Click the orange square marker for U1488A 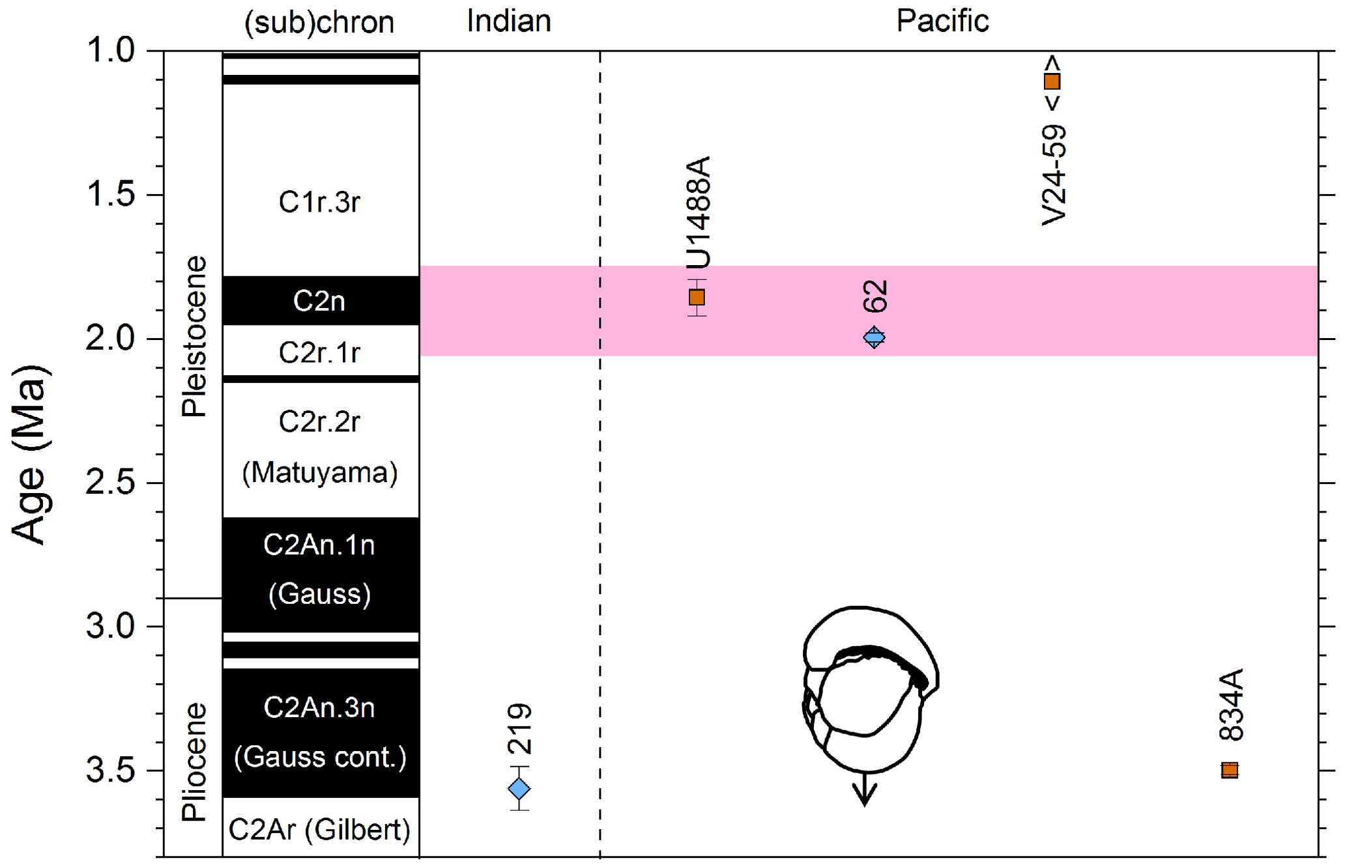pyautogui.click(x=697, y=298)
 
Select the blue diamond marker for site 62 pyautogui.click(x=874, y=337)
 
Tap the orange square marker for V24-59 pyautogui.click(x=1052, y=81)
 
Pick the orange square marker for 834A pyautogui.click(x=1230, y=770)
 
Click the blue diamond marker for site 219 pyautogui.click(x=519, y=789)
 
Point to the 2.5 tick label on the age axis pyautogui.click(x=110, y=483)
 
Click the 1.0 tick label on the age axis pyautogui.click(x=110, y=51)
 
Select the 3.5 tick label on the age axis pyautogui.click(x=110, y=770)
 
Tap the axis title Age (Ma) pyautogui.click(x=30, y=454)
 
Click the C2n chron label pyautogui.click(x=319, y=301)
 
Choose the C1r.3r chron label pyautogui.click(x=319, y=202)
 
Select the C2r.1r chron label pyautogui.click(x=319, y=352)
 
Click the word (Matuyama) pyautogui.click(x=319, y=472)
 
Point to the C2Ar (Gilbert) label pyautogui.click(x=319, y=830)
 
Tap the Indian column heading pyautogui.click(x=509, y=21)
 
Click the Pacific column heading pyautogui.click(x=942, y=21)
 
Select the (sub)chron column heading pyautogui.click(x=319, y=23)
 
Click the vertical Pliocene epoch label pyautogui.click(x=194, y=761)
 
